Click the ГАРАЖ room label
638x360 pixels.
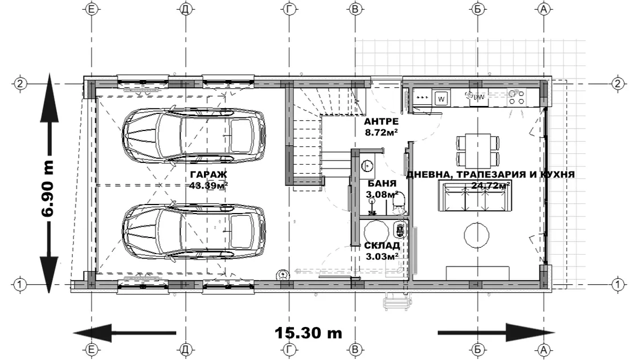click(208, 174)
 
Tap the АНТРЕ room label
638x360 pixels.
click(381, 122)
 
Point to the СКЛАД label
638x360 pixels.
click(382, 246)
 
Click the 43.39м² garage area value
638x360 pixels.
click(208, 185)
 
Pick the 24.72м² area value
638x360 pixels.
click(490, 185)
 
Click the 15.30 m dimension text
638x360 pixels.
click(308, 333)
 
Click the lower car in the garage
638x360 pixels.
click(194, 231)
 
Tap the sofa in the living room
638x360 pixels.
click(475, 197)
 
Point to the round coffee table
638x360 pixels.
click(476, 234)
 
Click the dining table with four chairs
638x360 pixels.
click(478, 150)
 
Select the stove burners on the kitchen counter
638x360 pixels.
click(517, 97)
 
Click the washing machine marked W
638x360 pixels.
click(441, 98)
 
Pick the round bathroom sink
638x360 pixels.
click(368, 166)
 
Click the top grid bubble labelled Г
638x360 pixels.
click(289, 9)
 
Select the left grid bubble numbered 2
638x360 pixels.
click(20, 84)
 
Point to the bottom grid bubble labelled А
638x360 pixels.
click(543, 349)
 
